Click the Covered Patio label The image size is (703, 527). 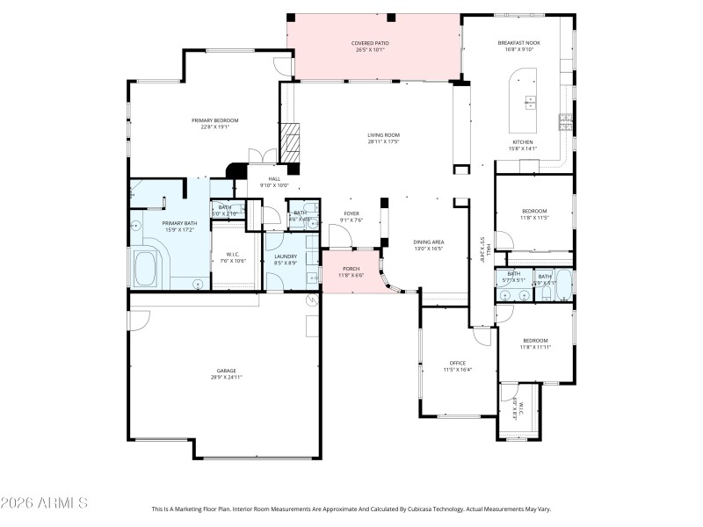coord(370,42)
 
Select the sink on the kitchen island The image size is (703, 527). coord(531,101)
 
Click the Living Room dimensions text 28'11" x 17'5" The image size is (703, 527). coord(383,141)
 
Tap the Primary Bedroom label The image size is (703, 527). coord(215,120)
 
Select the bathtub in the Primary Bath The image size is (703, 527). coord(145,268)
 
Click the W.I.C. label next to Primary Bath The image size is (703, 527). coord(234,255)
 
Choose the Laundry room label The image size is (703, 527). coord(286,256)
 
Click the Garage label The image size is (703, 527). coord(227,371)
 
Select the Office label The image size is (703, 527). coord(457,363)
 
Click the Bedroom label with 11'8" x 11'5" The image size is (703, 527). coord(534,211)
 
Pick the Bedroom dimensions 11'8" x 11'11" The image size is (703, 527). coord(534,347)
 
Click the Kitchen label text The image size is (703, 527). coord(524,141)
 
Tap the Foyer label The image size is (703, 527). coord(351,213)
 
